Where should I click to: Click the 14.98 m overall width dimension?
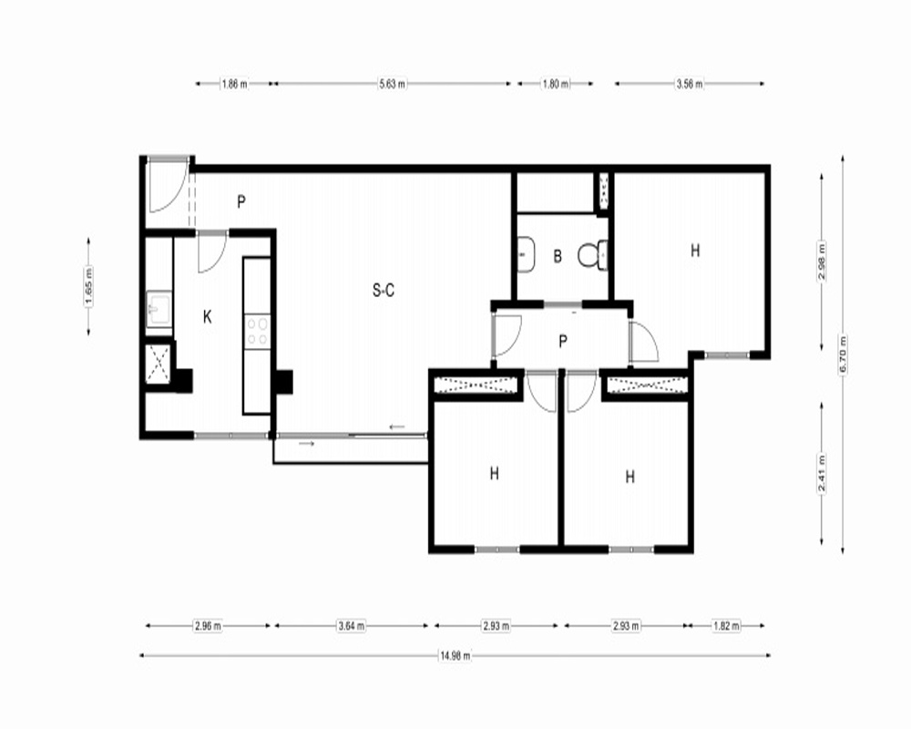pyautogui.click(x=455, y=656)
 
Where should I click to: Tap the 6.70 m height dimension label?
pyautogui.click(x=843, y=354)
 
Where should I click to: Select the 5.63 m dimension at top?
pyautogui.click(x=392, y=84)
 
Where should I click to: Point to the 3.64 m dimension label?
pyautogui.click(x=352, y=626)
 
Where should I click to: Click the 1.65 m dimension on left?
pyautogui.click(x=88, y=285)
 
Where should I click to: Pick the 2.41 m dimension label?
pyautogui.click(x=822, y=473)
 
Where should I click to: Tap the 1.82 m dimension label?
pyautogui.click(x=726, y=626)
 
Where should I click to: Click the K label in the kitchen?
pyautogui.click(x=208, y=317)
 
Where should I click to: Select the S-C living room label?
pyautogui.click(x=384, y=290)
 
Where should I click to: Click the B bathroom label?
pyautogui.click(x=558, y=256)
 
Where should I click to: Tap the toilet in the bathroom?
pyautogui.click(x=593, y=254)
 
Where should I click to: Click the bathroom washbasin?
pyautogui.click(x=526, y=254)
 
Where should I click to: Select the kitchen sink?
pyautogui.click(x=159, y=309)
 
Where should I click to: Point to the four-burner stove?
pyautogui.click(x=258, y=332)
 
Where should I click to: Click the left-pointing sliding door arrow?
pyautogui.click(x=397, y=427)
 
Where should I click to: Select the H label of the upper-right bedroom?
pyautogui.click(x=695, y=251)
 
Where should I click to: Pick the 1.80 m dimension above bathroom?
pyautogui.click(x=556, y=84)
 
